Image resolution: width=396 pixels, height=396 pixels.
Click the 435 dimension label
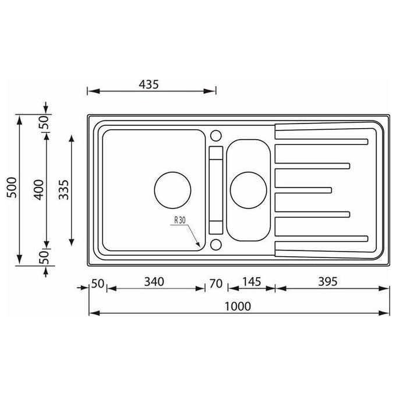[148, 84]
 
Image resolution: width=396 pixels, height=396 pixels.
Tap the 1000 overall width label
[238, 306]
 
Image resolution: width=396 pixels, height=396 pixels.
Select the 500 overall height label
[12, 188]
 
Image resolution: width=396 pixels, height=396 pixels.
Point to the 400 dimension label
[39, 190]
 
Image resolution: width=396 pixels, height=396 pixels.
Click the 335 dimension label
[63, 190]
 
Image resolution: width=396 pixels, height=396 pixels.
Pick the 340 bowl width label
[154, 282]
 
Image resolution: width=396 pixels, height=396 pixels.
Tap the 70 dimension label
[216, 284]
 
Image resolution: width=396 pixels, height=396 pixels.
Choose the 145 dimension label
[252, 282]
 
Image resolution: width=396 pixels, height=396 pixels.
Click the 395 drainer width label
[327, 282]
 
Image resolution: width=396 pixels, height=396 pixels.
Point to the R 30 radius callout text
[180, 220]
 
